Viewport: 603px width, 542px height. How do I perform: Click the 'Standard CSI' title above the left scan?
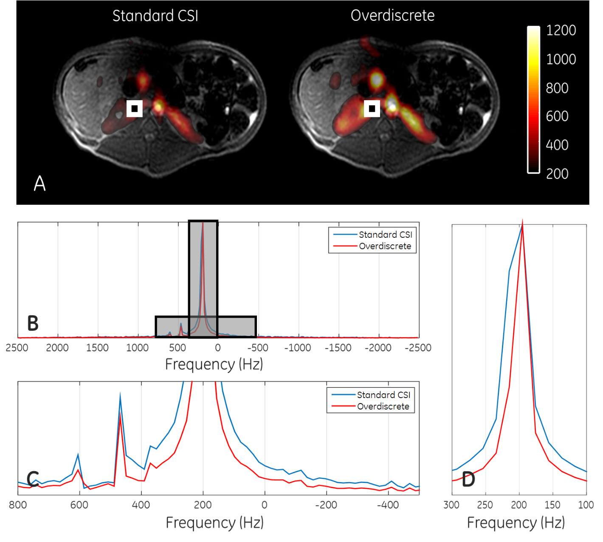point(155,16)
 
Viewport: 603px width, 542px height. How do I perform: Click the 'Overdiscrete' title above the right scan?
point(392,16)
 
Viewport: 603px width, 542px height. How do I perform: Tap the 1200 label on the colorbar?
point(561,31)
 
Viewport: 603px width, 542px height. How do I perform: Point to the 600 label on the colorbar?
point(557,116)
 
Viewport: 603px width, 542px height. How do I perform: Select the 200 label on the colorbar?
point(557,174)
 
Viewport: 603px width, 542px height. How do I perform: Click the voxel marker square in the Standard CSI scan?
point(135,108)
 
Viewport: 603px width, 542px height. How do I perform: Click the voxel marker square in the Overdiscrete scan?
point(372,108)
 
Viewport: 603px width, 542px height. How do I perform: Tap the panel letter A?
point(39,183)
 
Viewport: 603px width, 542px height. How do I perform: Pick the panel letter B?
point(33,323)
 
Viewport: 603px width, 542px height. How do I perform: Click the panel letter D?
point(468,480)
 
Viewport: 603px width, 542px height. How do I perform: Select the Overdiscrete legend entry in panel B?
point(385,246)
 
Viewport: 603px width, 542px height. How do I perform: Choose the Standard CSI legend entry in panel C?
point(383,395)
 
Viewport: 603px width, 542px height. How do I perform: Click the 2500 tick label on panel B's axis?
point(17,348)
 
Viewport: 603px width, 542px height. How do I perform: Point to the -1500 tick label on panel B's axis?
point(338,348)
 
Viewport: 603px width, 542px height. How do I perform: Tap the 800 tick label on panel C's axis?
point(18,505)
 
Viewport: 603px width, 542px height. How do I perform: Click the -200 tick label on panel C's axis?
point(326,505)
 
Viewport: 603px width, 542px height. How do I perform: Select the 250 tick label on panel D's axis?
point(485,505)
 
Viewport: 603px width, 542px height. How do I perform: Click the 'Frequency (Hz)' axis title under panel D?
point(516,523)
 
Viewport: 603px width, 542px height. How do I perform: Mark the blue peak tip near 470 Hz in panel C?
point(120,395)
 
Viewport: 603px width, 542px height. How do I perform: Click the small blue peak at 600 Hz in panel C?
point(78,454)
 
